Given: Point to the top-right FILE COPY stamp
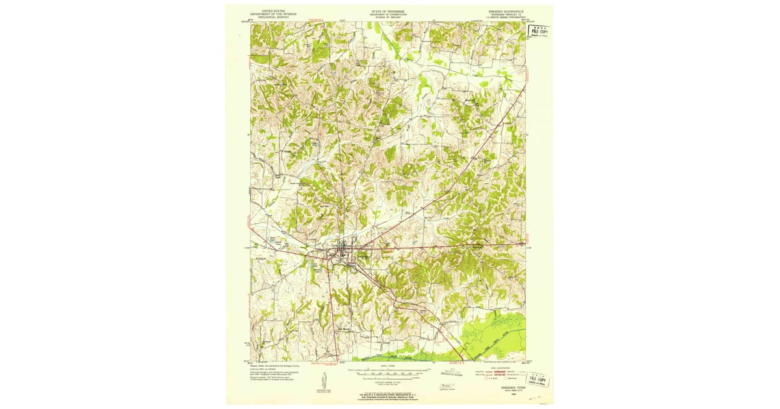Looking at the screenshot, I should click(539, 31).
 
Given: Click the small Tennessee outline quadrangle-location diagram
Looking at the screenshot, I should click(447, 386).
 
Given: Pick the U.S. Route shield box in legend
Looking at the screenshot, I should click(486, 378).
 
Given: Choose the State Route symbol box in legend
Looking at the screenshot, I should click(506, 378).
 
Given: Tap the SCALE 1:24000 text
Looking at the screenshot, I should click(388, 366).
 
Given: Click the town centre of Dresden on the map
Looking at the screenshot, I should click(341, 249).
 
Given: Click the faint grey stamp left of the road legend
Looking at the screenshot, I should click(454, 373).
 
